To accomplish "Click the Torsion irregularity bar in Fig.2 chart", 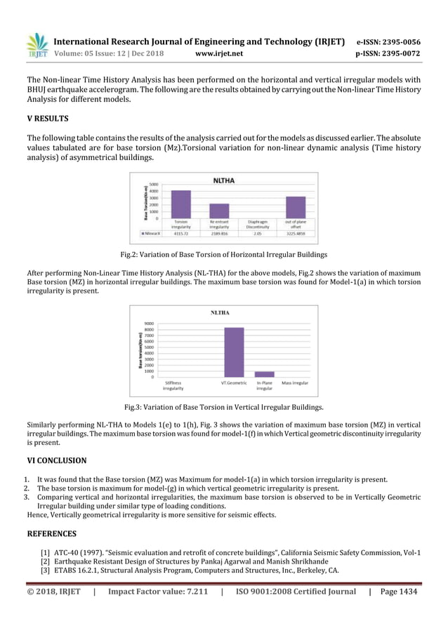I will [x=180, y=204].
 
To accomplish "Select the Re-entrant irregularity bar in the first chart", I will [x=220, y=211].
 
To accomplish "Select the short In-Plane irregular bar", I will [x=264, y=374].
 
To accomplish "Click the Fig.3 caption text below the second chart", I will [x=224, y=407].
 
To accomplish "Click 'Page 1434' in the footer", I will [x=398, y=592].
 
